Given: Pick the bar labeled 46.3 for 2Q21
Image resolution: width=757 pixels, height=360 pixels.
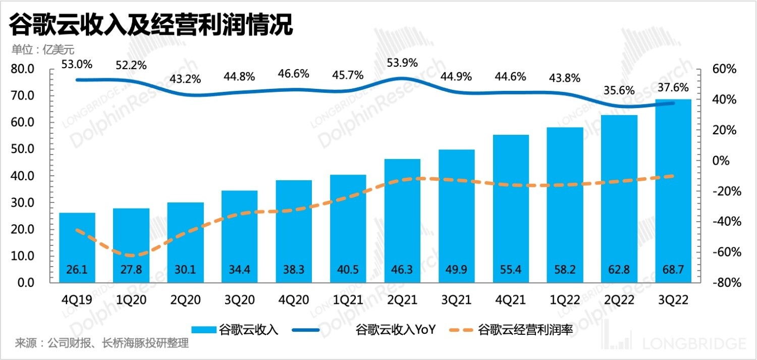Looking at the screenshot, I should click(402, 222).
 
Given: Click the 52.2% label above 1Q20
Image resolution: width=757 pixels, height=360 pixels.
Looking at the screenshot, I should click(131, 65).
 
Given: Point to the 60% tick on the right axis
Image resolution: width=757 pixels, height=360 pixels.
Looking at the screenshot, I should click(725, 69).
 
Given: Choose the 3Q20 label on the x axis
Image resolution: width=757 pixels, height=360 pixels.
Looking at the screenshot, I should click(240, 300).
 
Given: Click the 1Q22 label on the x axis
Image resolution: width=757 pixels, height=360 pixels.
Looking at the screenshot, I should click(565, 300).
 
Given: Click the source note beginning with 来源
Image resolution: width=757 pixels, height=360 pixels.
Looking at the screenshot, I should click(101, 344).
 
